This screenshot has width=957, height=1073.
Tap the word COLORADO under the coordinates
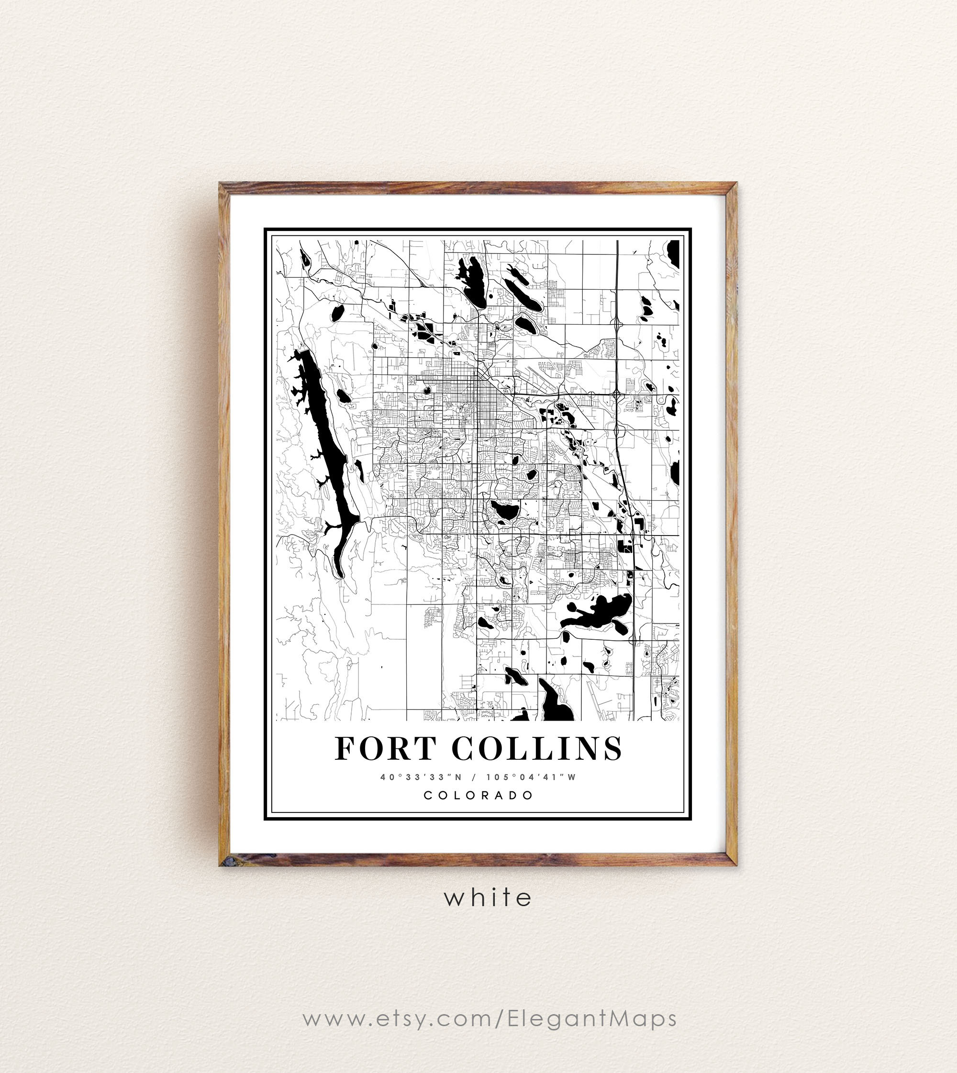pyautogui.click(x=478, y=795)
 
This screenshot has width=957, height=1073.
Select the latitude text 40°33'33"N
pyautogui.click(x=421, y=777)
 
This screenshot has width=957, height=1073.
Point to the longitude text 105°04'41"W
pyautogui.click(x=531, y=777)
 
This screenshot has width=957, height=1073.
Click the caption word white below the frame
pyautogui.click(x=488, y=898)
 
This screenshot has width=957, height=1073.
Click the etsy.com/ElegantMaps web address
pyautogui.click(x=489, y=1018)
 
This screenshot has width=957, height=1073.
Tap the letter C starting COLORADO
pyautogui.click(x=428, y=795)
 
